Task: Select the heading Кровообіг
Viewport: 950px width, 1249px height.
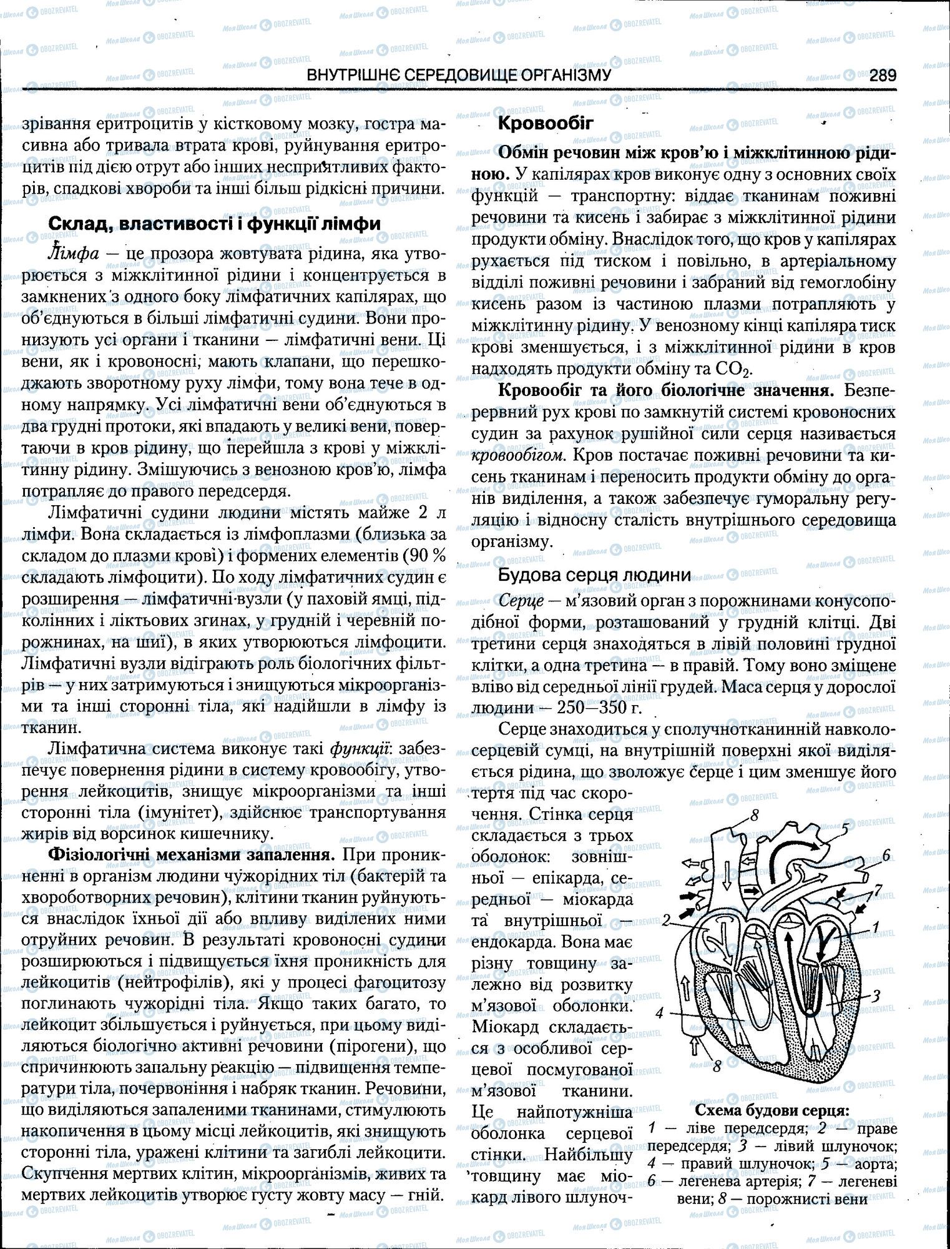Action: pyautogui.click(x=545, y=123)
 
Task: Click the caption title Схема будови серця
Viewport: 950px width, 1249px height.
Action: pyautogui.click(x=771, y=1110)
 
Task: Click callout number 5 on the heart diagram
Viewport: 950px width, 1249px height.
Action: pyautogui.click(x=845, y=829)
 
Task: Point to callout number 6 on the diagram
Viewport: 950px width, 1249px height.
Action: pyautogui.click(x=886, y=856)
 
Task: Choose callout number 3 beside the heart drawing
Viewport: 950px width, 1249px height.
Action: pyautogui.click(x=876, y=995)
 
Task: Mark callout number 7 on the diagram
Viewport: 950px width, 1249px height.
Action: pyautogui.click(x=878, y=888)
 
